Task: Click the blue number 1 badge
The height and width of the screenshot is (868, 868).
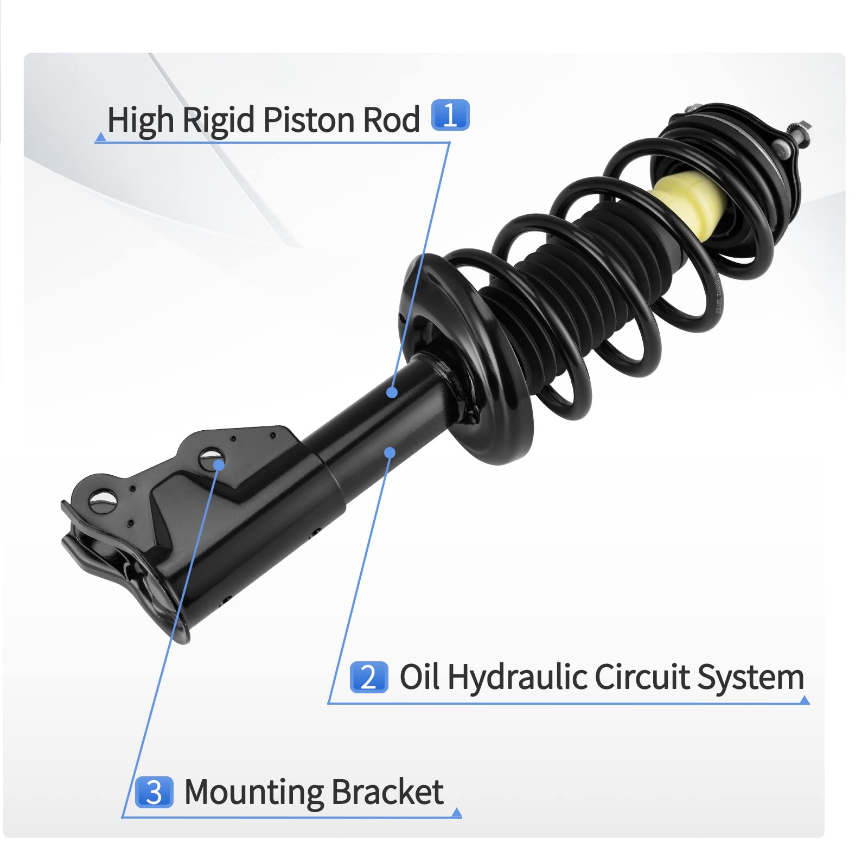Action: point(450,115)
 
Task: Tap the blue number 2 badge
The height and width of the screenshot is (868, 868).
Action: point(369,677)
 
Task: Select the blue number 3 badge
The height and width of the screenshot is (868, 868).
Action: point(154,792)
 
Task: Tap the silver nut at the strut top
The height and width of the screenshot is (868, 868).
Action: point(802,132)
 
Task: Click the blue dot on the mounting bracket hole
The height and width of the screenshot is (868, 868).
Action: point(219,465)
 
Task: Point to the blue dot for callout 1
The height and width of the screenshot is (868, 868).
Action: point(392,392)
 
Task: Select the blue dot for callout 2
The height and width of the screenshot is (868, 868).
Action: point(390,452)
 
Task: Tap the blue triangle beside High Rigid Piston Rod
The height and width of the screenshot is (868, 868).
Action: point(100,138)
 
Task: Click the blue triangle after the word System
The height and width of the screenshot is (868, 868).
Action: point(805,700)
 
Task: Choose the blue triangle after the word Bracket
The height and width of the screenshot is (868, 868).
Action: point(457,812)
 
